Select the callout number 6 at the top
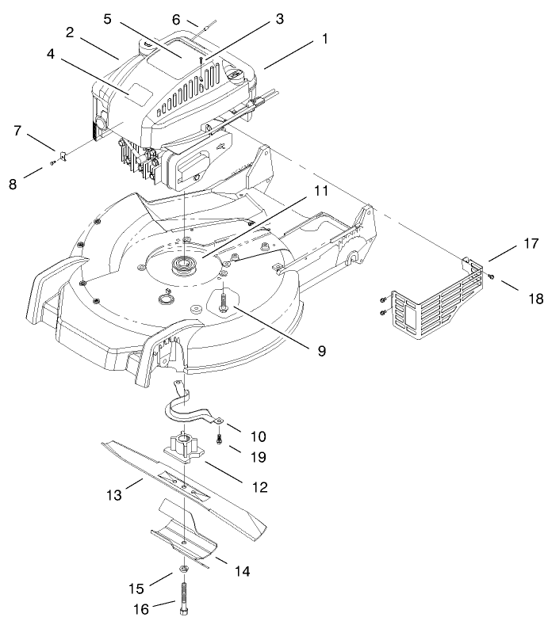(x=176, y=19)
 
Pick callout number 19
(x=258, y=457)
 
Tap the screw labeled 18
(x=491, y=276)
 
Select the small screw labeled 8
(x=53, y=162)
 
